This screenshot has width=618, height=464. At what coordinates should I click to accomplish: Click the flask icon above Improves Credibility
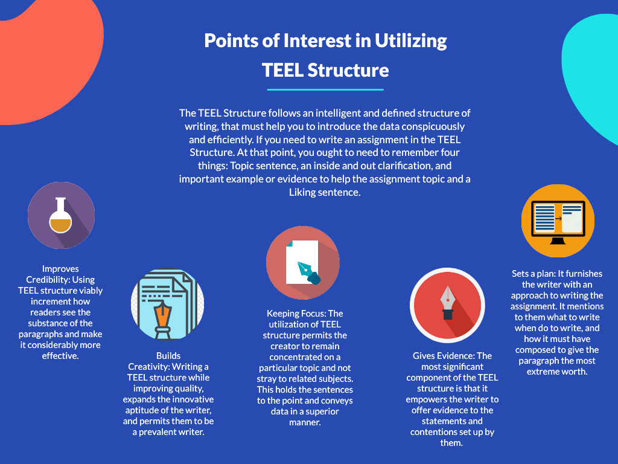(61, 216)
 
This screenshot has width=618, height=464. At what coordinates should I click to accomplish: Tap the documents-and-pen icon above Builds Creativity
(167, 304)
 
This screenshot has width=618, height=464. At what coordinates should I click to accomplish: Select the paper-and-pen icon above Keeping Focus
(302, 263)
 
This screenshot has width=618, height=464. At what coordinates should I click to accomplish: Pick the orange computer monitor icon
(558, 221)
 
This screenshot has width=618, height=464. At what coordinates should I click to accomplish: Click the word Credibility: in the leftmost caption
(52, 280)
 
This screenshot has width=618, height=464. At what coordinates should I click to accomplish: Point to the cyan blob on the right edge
(594, 72)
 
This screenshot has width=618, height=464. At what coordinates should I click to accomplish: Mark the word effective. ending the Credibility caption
(61, 356)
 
